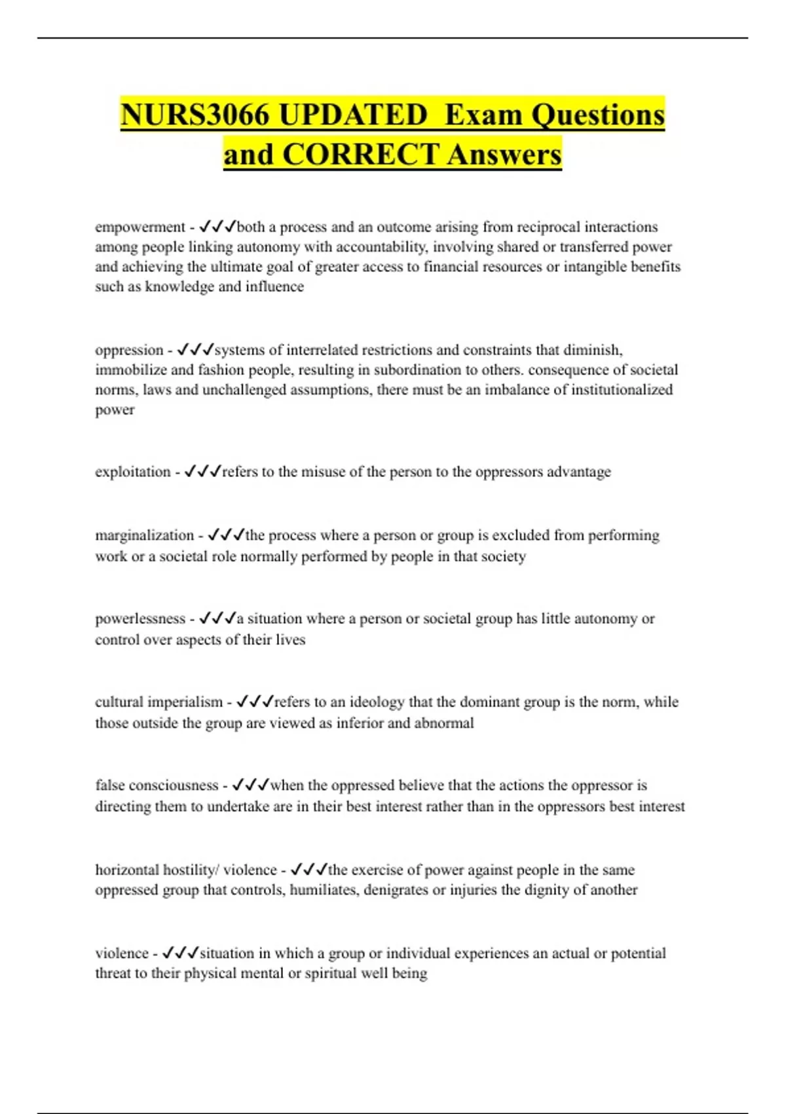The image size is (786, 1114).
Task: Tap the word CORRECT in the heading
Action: point(360,155)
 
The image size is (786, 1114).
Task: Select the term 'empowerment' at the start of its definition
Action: point(140,227)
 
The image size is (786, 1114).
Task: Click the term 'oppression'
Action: point(129,350)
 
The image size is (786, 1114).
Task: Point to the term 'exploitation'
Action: point(133,472)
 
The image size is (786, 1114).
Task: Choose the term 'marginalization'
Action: point(145,535)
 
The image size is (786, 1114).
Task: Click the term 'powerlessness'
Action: point(140,619)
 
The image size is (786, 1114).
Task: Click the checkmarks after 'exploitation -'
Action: point(202,471)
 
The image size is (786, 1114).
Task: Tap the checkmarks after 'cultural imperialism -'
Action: point(254,702)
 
